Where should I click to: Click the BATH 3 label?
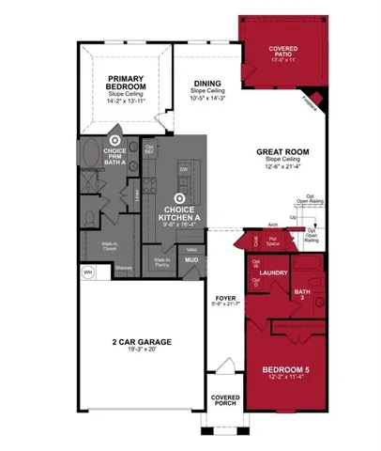pos(303,295)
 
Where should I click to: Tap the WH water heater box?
pos(88,272)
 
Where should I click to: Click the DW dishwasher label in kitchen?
pos(184,169)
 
